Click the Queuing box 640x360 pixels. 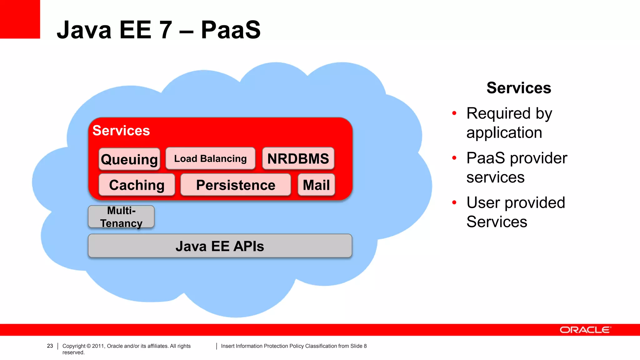[x=129, y=159]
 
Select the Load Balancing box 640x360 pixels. [x=210, y=158]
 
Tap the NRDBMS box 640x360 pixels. [x=298, y=158]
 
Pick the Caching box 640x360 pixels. [x=137, y=185]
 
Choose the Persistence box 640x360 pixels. [x=236, y=185]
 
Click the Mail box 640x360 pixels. [x=316, y=185]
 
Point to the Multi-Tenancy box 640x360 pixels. [x=121, y=217]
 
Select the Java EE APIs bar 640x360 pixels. [x=220, y=246]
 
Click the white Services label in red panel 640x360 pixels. [x=121, y=130]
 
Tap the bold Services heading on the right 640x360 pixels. [x=519, y=88]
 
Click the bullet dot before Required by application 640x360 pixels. [x=454, y=113]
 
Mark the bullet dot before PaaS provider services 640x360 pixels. [x=454, y=158]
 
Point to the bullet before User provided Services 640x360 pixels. [x=454, y=203]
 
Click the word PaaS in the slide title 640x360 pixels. [x=231, y=30]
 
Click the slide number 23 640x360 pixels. [x=50, y=346]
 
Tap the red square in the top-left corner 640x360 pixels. [x=20, y=19]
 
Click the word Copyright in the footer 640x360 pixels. [x=74, y=346]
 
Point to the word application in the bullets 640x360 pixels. [x=504, y=132]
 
